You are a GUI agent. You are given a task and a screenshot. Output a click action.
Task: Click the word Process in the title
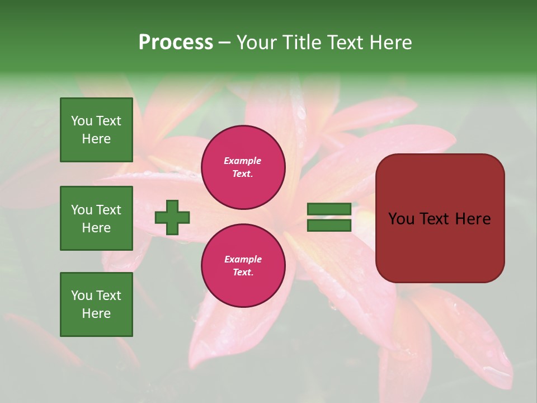(176, 43)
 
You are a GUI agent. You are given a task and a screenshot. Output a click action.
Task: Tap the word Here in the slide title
(390, 43)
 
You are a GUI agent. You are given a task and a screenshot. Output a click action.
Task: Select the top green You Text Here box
(96, 130)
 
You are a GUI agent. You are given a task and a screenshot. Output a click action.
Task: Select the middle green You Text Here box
(96, 218)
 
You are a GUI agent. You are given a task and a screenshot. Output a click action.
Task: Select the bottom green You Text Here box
(96, 304)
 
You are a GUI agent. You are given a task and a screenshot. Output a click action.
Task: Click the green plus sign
(172, 217)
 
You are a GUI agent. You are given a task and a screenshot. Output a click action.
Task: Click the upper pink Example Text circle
(243, 167)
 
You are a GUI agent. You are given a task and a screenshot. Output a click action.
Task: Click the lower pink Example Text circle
(243, 265)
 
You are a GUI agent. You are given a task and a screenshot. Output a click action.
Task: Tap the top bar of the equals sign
(329, 209)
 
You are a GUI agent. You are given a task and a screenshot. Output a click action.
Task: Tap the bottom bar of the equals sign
(329, 226)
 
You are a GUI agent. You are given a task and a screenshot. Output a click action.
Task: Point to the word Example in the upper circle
(243, 161)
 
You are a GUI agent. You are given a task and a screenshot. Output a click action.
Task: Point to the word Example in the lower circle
(243, 259)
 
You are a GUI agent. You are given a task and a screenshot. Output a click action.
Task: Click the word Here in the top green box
(96, 139)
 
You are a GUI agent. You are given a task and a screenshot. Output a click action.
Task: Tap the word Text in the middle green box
(109, 210)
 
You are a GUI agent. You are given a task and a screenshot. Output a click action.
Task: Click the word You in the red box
(401, 219)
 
